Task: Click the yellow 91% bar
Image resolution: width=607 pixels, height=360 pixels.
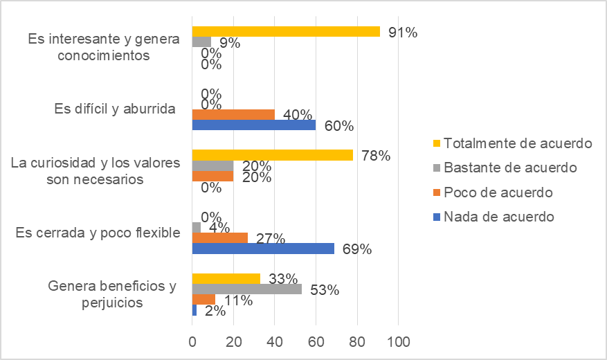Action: [286, 31]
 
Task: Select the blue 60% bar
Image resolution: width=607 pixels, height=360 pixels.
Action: [254, 125]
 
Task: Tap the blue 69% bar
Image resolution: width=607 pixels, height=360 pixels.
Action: [263, 248]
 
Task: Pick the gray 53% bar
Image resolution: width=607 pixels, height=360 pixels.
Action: [247, 289]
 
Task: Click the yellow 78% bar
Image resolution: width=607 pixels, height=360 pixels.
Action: [272, 155]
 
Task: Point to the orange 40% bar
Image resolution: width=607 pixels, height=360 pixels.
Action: [233, 114]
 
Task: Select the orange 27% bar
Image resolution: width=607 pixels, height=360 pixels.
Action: [219, 237]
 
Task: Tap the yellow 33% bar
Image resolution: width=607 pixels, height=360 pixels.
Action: [226, 279]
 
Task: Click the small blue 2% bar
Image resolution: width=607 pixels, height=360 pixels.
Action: [194, 311]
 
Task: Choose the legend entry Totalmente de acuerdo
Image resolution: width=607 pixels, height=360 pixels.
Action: [518, 143]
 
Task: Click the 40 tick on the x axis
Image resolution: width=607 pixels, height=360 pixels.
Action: [275, 341]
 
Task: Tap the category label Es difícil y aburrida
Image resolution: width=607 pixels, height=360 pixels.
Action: [114, 109]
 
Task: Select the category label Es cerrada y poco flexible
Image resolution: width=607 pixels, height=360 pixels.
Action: [98, 233]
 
